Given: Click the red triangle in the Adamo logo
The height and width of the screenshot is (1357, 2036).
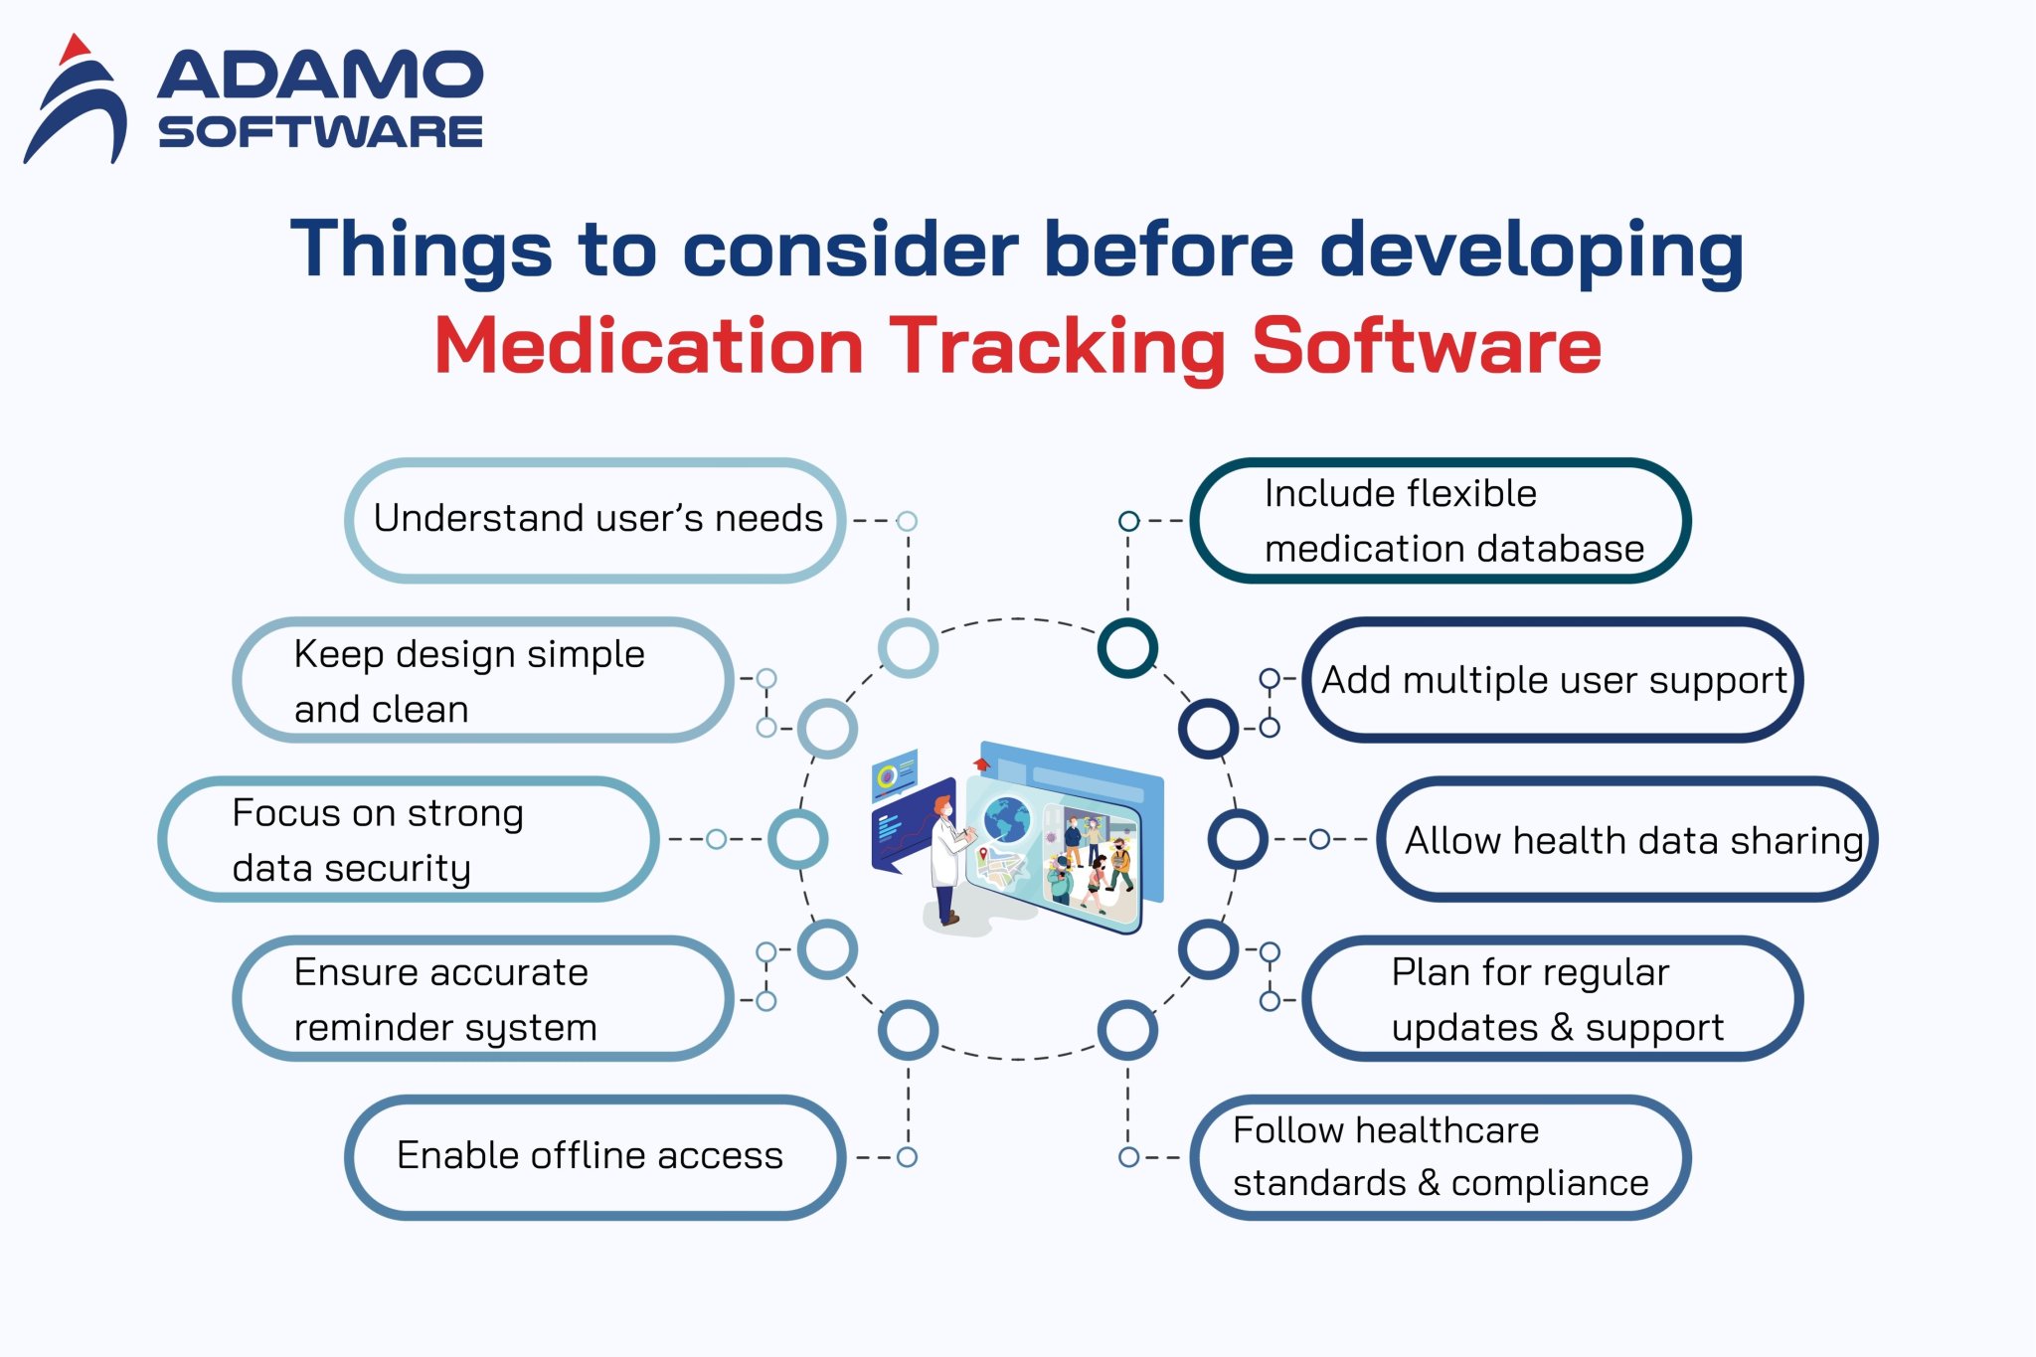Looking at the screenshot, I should [x=75, y=49].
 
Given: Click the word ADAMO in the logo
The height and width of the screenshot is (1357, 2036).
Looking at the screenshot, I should [x=320, y=76].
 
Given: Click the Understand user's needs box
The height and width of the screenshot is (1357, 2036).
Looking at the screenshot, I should [x=596, y=520].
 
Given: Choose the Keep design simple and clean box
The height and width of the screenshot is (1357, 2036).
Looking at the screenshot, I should [x=483, y=680].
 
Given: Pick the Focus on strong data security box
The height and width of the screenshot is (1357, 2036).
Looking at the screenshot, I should [x=408, y=840].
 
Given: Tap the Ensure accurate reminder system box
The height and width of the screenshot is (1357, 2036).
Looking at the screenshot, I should [x=483, y=998].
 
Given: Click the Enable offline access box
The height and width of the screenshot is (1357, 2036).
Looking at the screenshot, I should [x=594, y=1156].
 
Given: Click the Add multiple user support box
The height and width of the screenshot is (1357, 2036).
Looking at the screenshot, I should [x=1553, y=680].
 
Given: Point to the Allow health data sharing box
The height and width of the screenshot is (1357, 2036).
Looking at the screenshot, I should [x=1628, y=840].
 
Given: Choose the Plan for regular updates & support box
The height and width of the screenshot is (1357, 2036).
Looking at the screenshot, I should [x=1553, y=998].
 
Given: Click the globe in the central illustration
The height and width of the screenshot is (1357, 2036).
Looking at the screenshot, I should [x=1006, y=821].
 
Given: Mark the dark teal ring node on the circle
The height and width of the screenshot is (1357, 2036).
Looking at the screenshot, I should [x=1127, y=647].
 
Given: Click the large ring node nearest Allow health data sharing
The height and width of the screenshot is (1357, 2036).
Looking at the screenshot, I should [x=1237, y=838].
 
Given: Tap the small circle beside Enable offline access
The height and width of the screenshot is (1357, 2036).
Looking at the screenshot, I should [x=907, y=1156].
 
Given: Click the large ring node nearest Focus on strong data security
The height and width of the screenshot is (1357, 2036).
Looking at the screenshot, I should [x=797, y=838].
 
